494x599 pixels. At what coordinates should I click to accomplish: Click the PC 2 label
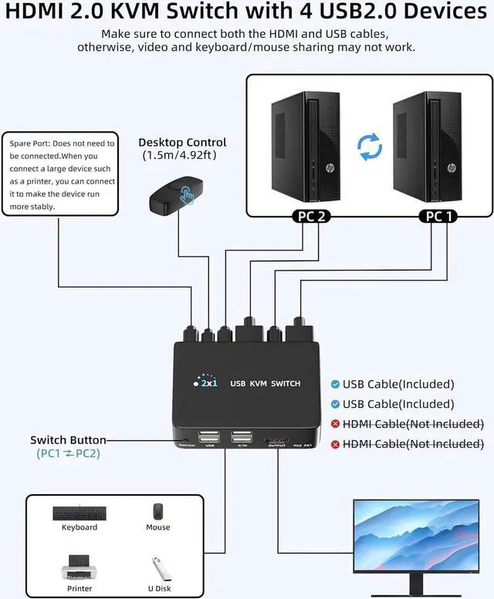pos(311,217)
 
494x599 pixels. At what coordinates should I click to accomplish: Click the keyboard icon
pos(80,513)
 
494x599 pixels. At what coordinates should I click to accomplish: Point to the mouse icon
pos(158,512)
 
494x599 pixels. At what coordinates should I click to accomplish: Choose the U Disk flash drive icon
pos(158,569)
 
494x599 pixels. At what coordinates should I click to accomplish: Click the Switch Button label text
pos(68,440)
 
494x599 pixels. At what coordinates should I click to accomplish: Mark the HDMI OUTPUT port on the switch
pos(276,442)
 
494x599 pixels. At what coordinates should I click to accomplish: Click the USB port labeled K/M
pos(241,438)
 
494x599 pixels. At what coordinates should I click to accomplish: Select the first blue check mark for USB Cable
pos(335,384)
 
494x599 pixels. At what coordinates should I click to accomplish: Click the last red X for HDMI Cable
pos(335,444)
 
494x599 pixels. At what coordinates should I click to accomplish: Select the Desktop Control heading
pos(182,142)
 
